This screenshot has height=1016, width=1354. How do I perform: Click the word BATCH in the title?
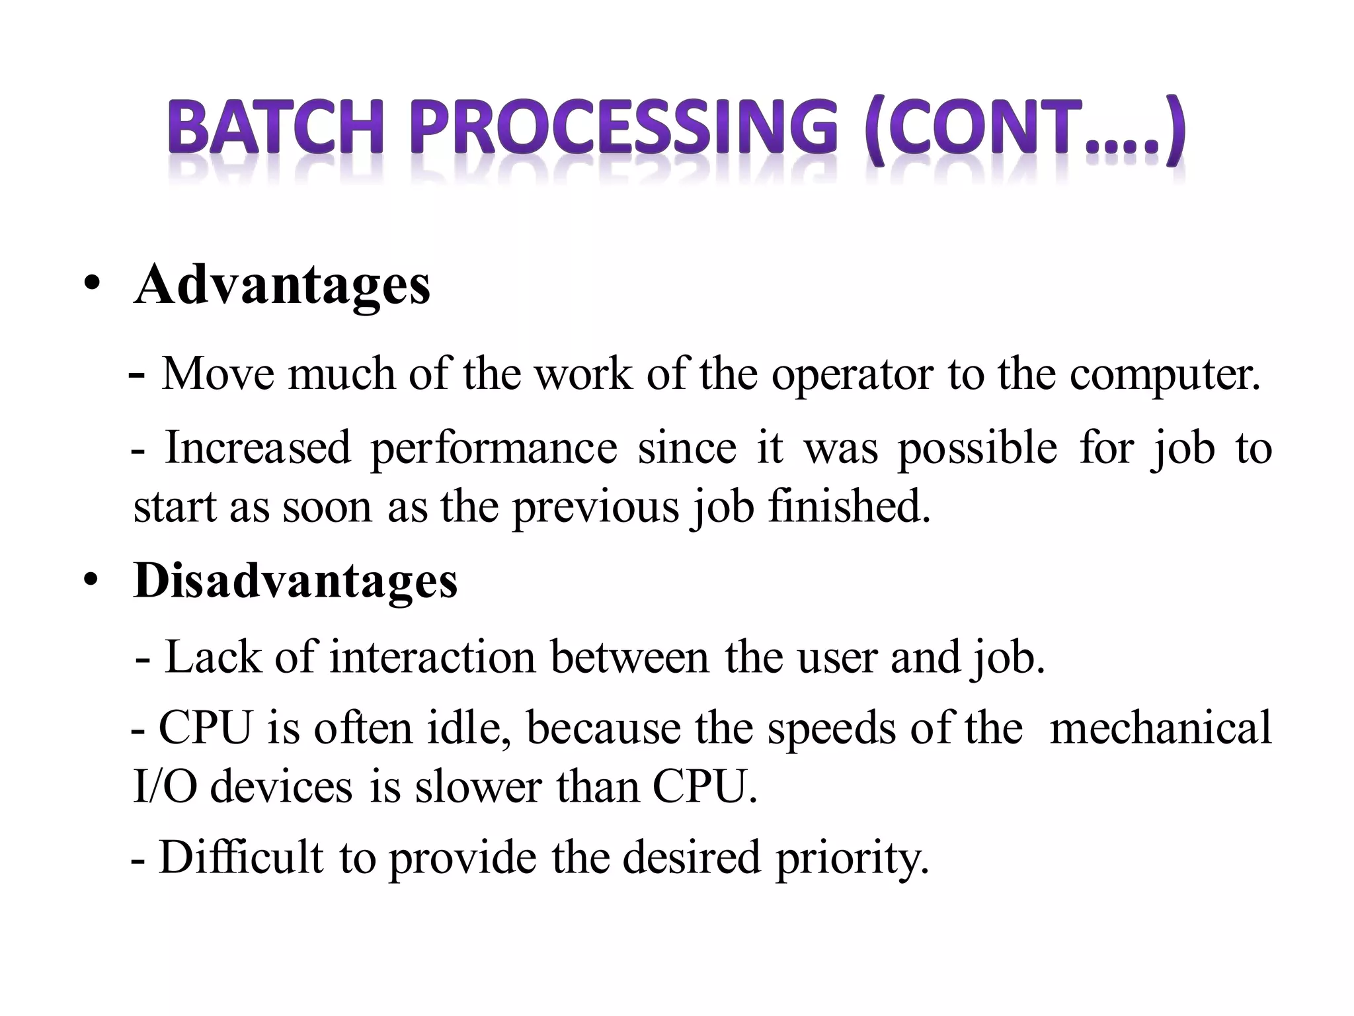[275, 129]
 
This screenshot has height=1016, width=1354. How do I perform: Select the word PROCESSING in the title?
[625, 129]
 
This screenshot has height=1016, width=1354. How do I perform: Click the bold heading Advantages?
[282, 286]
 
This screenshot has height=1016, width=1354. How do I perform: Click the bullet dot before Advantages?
[92, 286]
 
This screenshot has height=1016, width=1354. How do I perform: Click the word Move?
[218, 374]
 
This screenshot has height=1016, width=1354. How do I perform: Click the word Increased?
[258, 448]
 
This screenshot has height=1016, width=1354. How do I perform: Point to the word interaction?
[432, 657]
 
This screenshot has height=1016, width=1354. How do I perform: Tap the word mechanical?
[1160, 728]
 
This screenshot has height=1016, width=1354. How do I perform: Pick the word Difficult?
[241, 858]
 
